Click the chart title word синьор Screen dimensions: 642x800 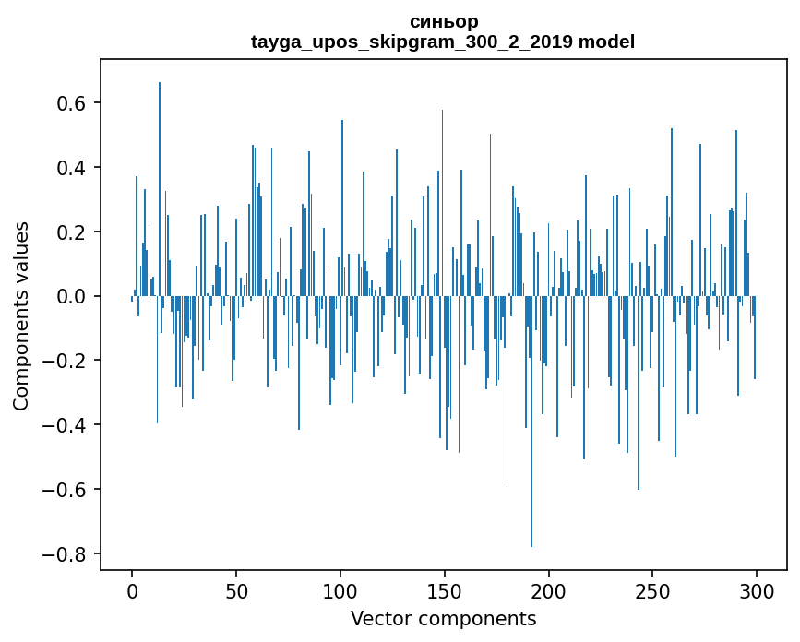point(443,21)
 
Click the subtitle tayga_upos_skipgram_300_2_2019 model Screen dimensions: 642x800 point(443,42)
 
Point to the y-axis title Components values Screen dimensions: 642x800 point(21,315)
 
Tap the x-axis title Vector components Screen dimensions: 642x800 point(443,618)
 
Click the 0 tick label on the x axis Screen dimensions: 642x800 point(132,589)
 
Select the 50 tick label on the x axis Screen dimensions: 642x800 point(236,589)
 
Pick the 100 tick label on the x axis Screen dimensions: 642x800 point(340,589)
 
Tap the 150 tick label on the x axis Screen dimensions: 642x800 point(445,589)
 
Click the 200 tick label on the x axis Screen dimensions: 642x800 point(549,589)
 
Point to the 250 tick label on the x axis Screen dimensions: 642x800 point(652,589)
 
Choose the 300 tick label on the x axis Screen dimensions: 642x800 point(757,589)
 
